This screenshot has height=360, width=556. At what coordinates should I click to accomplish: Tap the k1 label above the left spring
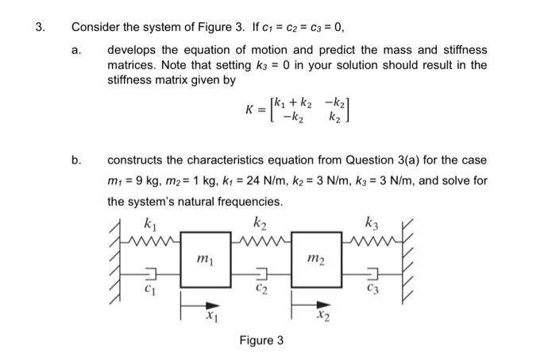tap(150, 221)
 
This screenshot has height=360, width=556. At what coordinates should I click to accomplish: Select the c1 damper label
tap(145, 289)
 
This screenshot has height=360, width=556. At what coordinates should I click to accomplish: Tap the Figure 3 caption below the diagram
tap(261, 341)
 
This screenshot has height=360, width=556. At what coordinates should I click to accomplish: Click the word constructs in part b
tap(137, 160)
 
